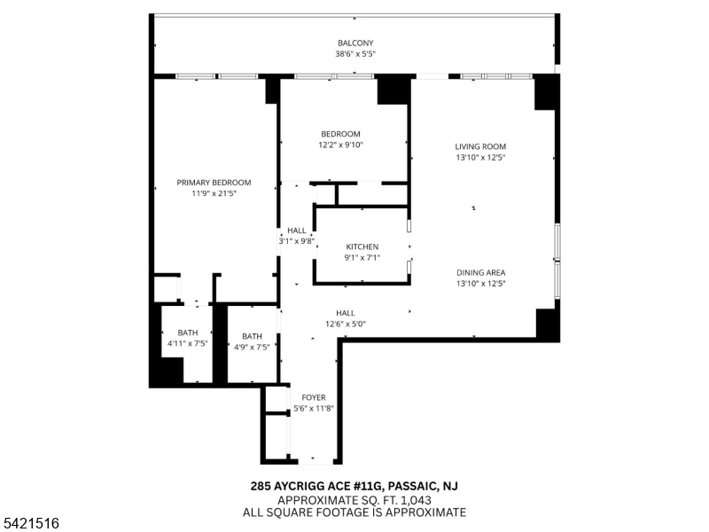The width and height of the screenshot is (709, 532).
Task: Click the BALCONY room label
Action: (x=355, y=43)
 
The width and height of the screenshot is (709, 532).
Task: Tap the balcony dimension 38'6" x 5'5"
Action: (x=355, y=54)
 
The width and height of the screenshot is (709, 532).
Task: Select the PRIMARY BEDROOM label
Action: (x=214, y=183)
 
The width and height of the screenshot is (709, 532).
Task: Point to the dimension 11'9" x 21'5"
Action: (x=214, y=193)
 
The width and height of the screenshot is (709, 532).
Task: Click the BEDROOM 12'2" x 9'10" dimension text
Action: (x=341, y=145)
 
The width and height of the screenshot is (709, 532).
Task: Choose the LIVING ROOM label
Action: (x=480, y=146)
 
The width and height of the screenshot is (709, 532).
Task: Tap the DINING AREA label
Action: (x=480, y=273)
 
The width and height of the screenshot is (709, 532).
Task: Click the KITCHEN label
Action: (x=362, y=247)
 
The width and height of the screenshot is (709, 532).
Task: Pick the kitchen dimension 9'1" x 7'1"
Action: (x=362, y=258)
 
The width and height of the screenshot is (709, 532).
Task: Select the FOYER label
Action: (x=314, y=397)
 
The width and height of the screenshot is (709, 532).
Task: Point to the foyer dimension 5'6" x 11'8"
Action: (x=314, y=409)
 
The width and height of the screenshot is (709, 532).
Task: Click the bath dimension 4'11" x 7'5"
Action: (x=188, y=343)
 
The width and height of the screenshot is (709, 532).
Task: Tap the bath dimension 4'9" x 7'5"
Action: (x=252, y=347)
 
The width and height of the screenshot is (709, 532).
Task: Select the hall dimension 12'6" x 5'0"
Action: (x=346, y=324)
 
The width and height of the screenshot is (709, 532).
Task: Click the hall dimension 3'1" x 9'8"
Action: (x=297, y=241)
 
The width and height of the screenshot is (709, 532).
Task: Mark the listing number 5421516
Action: (x=30, y=523)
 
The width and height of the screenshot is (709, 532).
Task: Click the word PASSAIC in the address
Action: (x=412, y=486)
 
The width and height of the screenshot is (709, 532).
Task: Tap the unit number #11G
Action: (x=368, y=486)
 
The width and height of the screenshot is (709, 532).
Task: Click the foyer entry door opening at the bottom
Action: (x=316, y=462)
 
